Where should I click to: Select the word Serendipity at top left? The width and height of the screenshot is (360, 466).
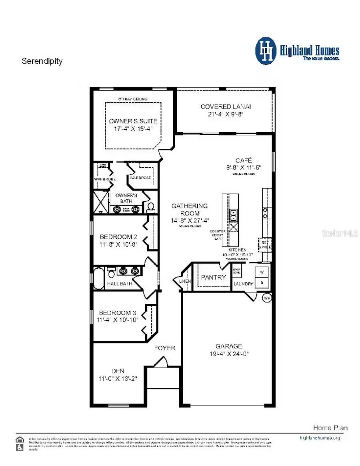42,61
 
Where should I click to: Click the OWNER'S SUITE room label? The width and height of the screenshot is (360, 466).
133,121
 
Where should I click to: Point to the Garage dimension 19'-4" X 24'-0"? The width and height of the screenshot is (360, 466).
229,354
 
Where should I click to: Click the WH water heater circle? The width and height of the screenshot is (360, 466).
267,298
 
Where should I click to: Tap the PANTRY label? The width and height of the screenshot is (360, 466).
213,277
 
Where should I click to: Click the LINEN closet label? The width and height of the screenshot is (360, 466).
185,281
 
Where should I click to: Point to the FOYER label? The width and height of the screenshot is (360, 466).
165,348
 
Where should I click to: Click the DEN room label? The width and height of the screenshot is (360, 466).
118,371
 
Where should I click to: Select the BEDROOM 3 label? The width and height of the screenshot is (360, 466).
115,313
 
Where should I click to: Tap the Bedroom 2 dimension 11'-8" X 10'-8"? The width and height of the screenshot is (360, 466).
119,244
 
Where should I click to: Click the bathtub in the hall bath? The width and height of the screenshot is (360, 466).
98,278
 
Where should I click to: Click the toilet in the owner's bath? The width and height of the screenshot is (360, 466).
151,207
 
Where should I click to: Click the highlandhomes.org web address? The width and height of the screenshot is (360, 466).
320,438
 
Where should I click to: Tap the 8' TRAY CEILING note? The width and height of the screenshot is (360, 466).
133,99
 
